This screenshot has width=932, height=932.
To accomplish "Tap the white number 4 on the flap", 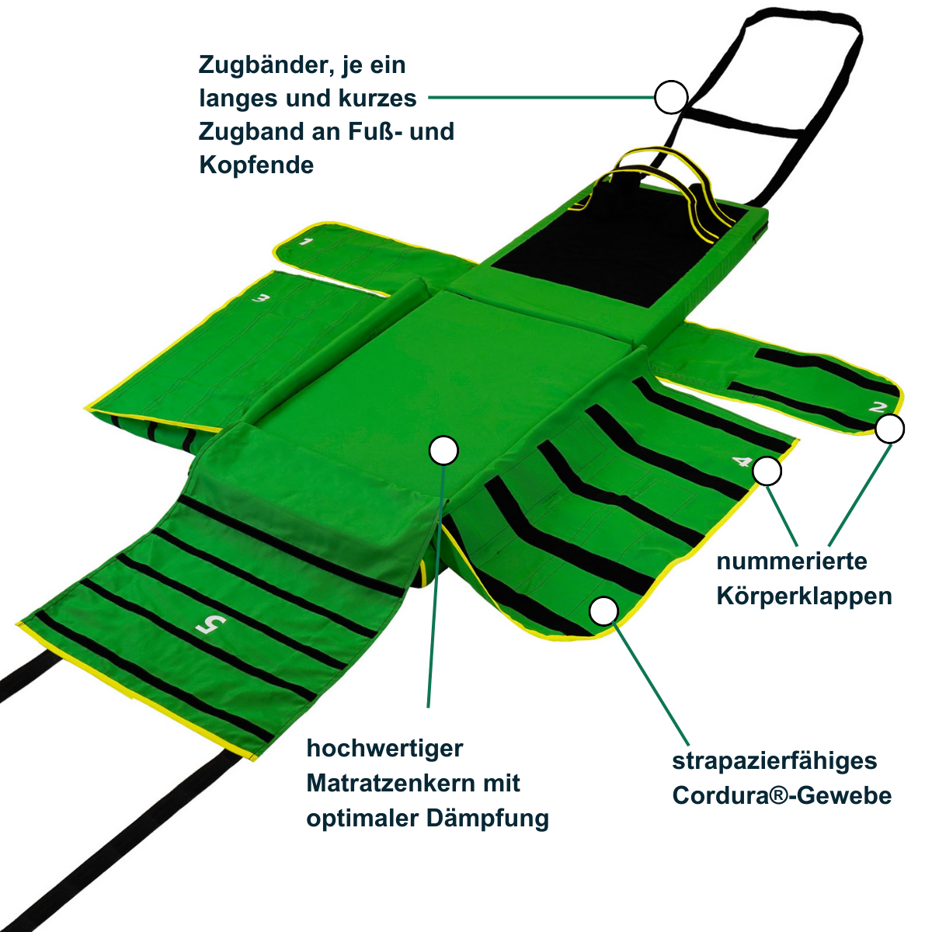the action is click(x=742, y=461).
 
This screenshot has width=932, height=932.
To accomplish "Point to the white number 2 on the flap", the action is click(x=877, y=407).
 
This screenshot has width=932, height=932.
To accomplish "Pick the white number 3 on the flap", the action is click(x=260, y=298).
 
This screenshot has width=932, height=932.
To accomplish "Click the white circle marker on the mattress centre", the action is click(x=443, y=450).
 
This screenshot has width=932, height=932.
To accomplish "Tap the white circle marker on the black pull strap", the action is click(x=671, y=97).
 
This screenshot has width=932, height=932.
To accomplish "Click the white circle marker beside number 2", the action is click(x=889, y=429).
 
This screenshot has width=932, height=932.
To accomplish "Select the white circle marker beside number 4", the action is click(x=767, y=471).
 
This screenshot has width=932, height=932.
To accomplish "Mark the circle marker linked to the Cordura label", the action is click(x=603, y=610).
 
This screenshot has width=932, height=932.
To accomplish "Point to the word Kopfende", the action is click(x=256, y=165).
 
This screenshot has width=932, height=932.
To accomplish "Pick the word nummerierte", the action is click(x=791, y=562).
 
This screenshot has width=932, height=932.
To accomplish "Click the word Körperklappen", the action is click(x=804, y=596).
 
